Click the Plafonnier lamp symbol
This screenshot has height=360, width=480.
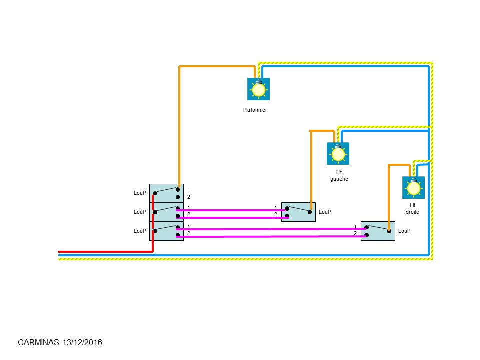pos(258,89)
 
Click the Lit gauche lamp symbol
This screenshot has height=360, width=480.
pos(338,154)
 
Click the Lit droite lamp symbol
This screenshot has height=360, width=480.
pos(413,188)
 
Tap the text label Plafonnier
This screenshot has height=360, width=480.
pos(255,110)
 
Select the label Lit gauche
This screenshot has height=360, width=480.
pos(339,176)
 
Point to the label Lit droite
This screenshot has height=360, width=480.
pos(412,209)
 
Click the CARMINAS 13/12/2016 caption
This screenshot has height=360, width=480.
pos(60,343)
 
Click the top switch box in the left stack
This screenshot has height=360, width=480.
pos(166,193)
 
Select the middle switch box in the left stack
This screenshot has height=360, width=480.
pos(166,212)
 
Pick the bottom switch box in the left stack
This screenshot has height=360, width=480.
pos(166,231)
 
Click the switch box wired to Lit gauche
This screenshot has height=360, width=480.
pos(298,212)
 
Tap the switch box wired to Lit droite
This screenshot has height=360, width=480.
pos(378,231)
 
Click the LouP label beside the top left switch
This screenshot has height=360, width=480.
pos(140,193)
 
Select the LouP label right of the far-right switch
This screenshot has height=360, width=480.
pos(404,231)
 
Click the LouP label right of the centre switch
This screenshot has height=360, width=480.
pos(325,212)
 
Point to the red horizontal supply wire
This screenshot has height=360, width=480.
pos(105,252)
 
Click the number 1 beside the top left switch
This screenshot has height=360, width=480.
pos(188,190)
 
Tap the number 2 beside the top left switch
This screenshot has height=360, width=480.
pos(188,197)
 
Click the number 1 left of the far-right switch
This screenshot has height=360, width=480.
pos(355,227)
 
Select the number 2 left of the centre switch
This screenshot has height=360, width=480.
pos(276,215)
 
